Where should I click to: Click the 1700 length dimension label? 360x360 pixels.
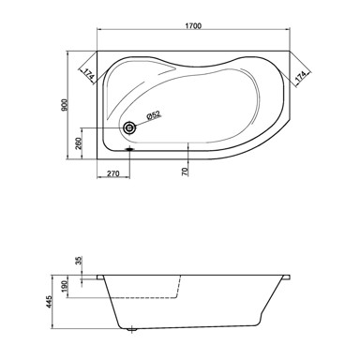click(x=193, y=25)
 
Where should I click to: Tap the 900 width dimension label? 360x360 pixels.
click(x=65, y=105)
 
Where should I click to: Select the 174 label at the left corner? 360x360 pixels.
click(x=88, y=74)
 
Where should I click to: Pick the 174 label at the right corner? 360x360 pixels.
click(x=300, y=77)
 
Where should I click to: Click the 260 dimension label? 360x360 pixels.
click(x=79, y=143)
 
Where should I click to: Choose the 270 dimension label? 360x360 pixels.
click(x=113, y=173)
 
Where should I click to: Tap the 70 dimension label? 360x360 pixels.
click(x=185, y=171)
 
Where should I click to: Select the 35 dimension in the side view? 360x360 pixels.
click(x=79, y=261)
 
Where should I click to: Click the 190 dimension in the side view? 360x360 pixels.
click(x=65, y=287)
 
